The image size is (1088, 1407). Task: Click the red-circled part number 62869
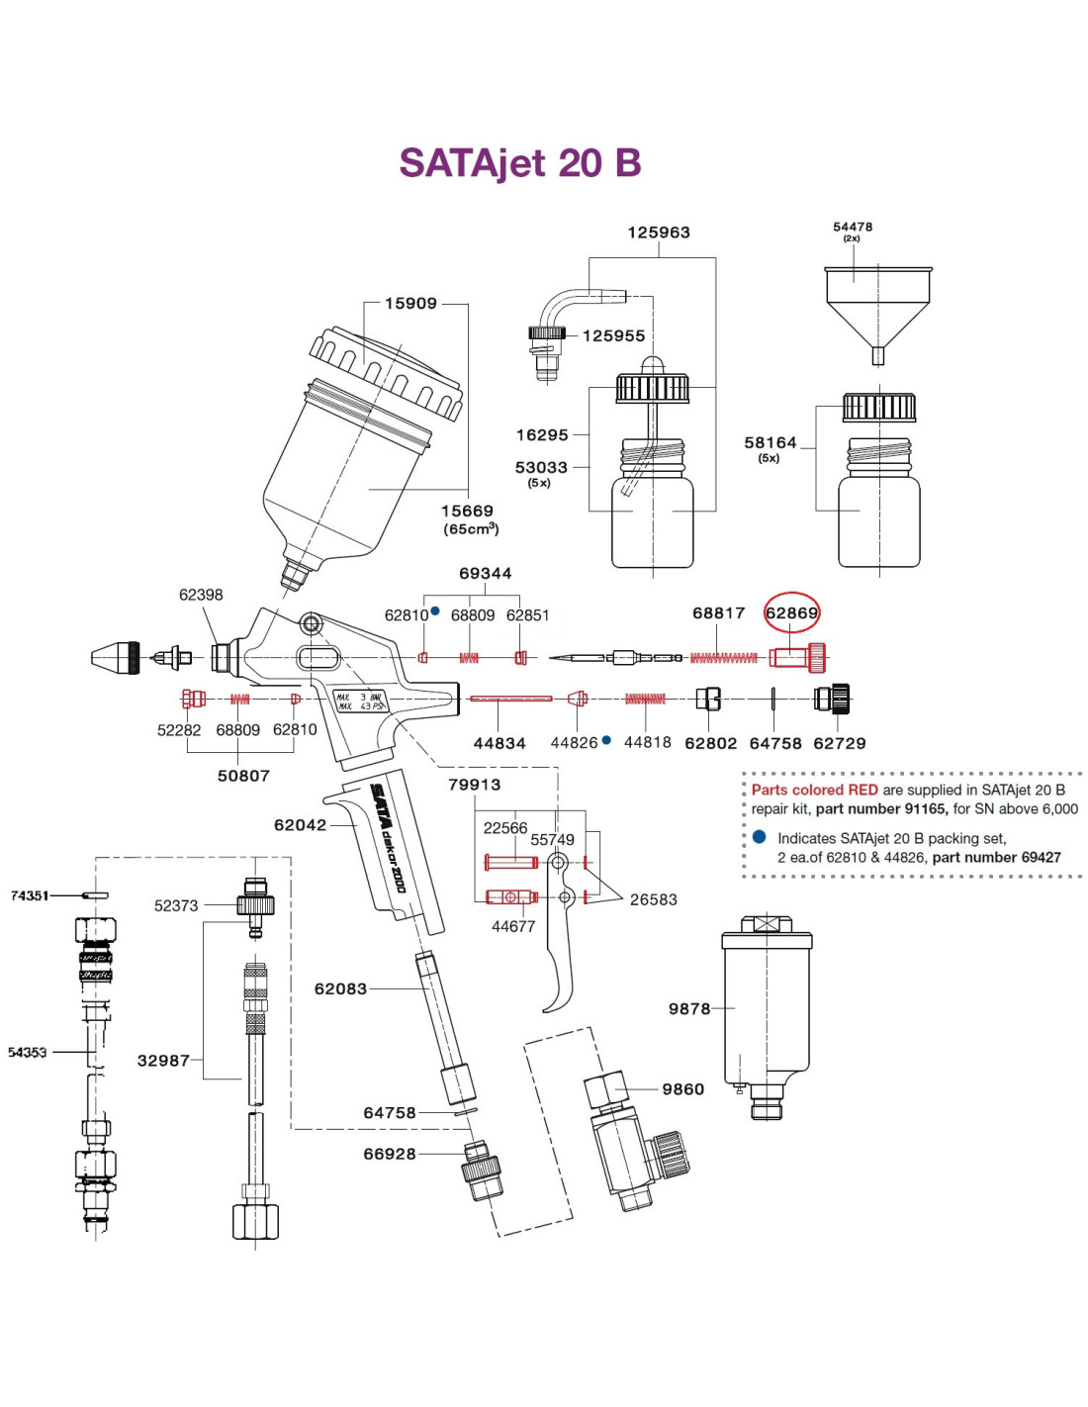(x=791, y=611)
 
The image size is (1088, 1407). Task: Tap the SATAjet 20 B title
(x=519, y=162)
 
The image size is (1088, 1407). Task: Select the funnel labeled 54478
(x=877, y=316)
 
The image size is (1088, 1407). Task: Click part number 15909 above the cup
(x=411, y=303)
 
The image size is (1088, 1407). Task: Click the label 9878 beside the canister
(x=689, y=1008)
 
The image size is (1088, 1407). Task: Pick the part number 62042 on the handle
(x=301, y=825)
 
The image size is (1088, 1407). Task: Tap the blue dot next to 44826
(x=606, y=740)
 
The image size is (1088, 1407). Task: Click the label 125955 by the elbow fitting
(x=613, y=335)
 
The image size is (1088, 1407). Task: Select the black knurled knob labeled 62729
(x=832, y=699)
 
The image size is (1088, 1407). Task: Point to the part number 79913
(x=475, y=784)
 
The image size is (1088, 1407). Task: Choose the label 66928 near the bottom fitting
(x=390, y=1154)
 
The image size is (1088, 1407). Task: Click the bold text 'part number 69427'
(x=996, y=857)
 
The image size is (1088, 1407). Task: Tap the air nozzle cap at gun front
(x=115, y=658)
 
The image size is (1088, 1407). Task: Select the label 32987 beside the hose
(x=164, y=1060)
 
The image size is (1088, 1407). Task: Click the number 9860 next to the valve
(x=682, y=1089)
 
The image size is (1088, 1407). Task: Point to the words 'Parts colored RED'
(x=815, y=790)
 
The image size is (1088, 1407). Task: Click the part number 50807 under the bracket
(x=243, y=775)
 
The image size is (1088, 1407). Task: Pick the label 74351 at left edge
(x=30, y=895)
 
